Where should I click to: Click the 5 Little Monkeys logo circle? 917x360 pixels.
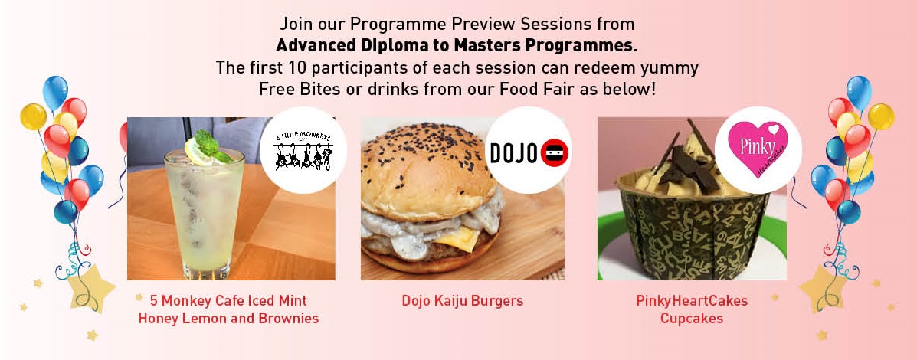pyautogui.click(x=303, y=150)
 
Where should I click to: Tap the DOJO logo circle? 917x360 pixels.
pyautogui.click(x=529, y=150)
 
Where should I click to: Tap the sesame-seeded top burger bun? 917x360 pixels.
pyautogui.click(x=431, y=164)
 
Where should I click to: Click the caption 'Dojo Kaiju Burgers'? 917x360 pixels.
pyautogui.click(x=463, y=301)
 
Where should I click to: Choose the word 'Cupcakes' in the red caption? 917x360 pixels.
pyautogui.click(x=692, y=319)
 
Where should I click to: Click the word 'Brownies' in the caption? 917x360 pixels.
pyautogui.click(x=291, y=319)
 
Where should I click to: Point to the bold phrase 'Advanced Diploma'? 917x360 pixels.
pyautogui.click(x=336, y=45)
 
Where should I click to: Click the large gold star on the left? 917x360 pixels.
pyautogui.click(x=90, y=286)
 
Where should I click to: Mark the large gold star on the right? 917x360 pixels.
pyautogui.click(x=824, y=286)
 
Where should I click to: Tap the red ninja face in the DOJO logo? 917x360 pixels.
pyautogui.click(x=555, y=153)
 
